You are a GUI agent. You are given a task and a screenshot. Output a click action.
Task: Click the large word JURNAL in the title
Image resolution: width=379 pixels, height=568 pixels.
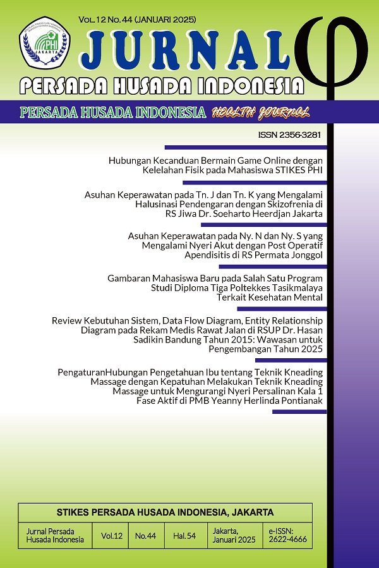186,50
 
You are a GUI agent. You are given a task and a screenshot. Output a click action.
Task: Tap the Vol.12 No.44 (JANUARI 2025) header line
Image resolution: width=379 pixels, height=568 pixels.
137,20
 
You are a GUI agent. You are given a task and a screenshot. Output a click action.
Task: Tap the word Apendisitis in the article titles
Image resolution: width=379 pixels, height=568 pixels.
207,256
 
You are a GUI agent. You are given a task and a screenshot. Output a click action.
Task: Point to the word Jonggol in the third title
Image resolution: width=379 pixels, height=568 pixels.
306,256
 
